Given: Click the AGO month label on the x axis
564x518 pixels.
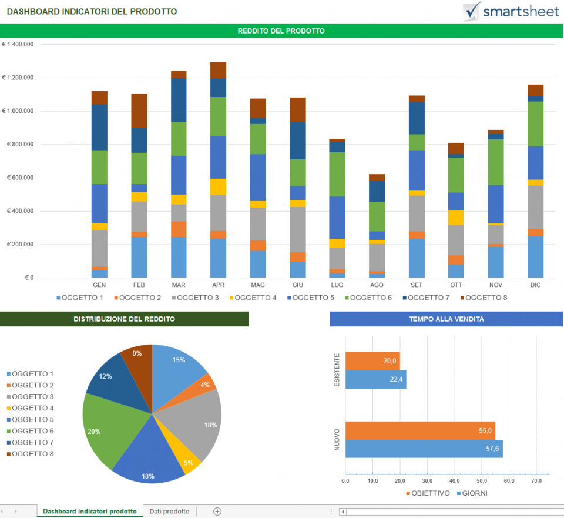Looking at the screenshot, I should tap(377, 285).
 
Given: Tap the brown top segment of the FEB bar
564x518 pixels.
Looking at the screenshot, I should tap(139, 111).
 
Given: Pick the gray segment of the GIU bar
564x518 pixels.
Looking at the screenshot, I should tap(298, 229).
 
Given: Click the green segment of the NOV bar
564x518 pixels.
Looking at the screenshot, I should tap(496, 162).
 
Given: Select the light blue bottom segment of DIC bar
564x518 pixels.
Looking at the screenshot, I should tap(535, 257).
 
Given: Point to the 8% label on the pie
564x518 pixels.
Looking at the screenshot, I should tap(137, 353).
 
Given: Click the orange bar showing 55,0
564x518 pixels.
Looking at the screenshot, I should tap(420, 430).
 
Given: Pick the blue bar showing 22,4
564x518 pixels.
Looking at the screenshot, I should tap(375, 379).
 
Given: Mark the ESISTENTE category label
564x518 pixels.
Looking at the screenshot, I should tap(337, 370).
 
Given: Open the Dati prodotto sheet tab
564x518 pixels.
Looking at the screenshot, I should tap(170, 512).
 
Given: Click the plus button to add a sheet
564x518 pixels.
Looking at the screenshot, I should tap(217, 512).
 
